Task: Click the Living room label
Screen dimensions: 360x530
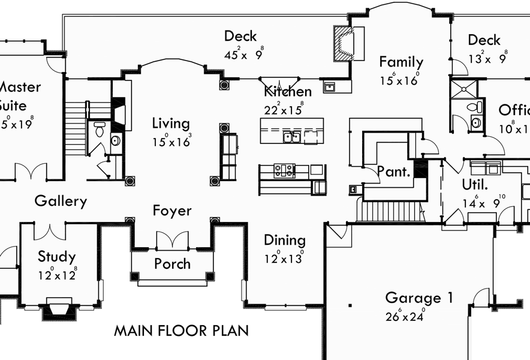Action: tap(170, 124)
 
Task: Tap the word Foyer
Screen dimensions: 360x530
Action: tap(172, 211)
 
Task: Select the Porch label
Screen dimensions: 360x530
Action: tap(172, 263)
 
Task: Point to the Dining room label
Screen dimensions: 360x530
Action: tap(285, 240)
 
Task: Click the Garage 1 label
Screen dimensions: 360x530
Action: tap(419, 298)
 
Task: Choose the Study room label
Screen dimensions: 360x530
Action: tap(57, 257)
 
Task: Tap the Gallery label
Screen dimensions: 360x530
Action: tap(61, 201)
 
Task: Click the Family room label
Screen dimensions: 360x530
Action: tap(401, 62)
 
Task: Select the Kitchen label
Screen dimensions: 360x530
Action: tap(288, 91)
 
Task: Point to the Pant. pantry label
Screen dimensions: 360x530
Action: tap(394, 172)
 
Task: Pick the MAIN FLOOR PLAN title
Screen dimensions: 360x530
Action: tap(181, 331)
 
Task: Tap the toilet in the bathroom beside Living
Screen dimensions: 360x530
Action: tap(100, 128)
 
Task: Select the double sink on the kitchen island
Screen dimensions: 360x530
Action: tap(292, 137)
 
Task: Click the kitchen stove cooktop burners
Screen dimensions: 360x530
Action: tap(284, 170)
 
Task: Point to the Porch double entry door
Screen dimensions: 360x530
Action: tap(172, 241)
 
